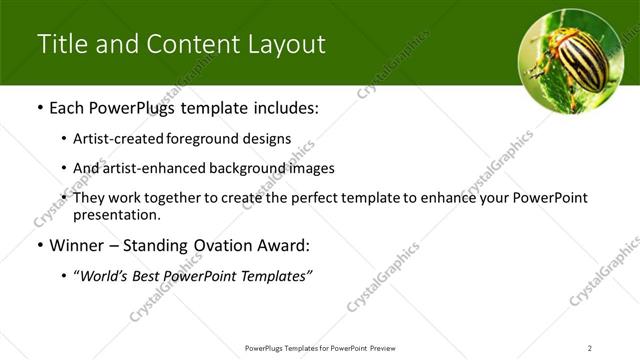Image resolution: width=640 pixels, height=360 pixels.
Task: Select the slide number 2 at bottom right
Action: click(589, 347)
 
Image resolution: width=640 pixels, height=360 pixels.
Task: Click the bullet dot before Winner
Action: click(39, 245)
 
